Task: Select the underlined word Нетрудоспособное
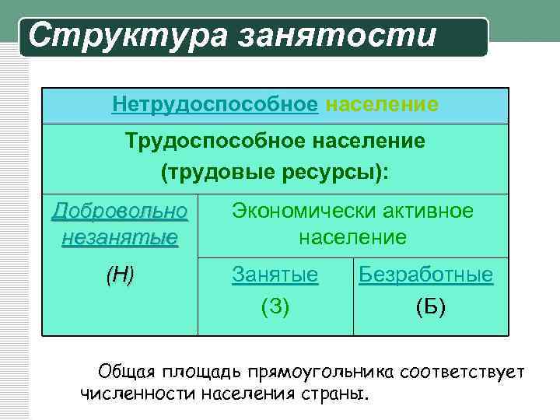click(x=215, y=103)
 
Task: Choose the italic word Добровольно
click(x=120, y=211)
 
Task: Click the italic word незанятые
click(x=120, y=236)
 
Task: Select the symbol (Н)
click(x=120, y=274)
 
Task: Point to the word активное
click(x=429, y=211)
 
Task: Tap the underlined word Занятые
click(x=275, y=275)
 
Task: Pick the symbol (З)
click(x=275, y=306)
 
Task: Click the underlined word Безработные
click(x=425, y=275)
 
